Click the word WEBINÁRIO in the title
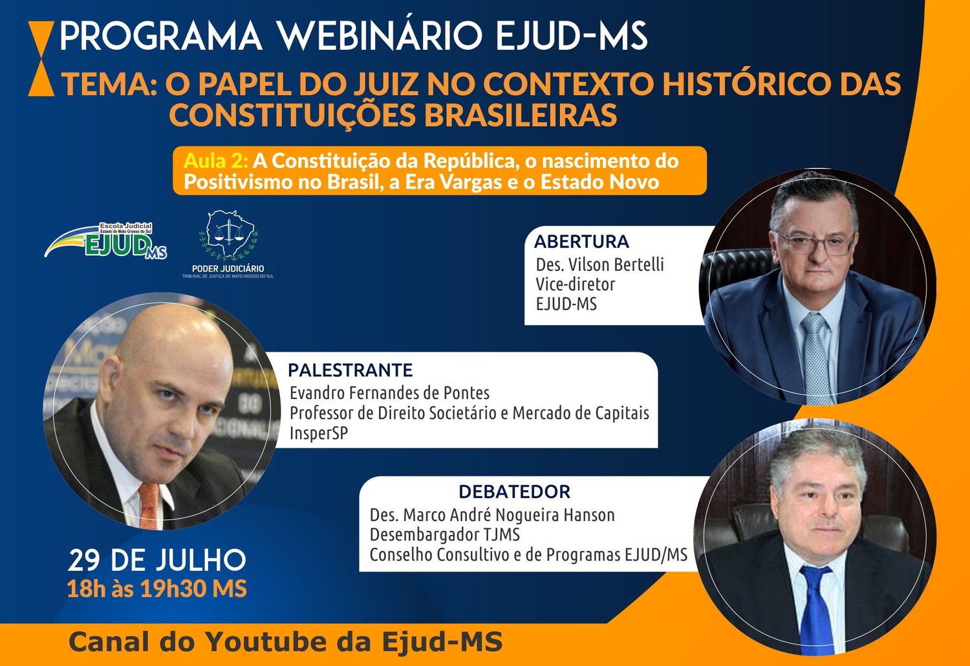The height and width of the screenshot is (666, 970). tap(380, 36)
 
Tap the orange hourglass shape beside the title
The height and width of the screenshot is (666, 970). tap(41, 58)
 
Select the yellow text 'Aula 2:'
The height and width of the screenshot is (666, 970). tap(216, 160)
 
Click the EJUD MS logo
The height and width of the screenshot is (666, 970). tap(105, 241)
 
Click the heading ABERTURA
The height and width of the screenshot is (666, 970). tap(581, 242)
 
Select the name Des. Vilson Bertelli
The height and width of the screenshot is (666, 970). tap(599, 264)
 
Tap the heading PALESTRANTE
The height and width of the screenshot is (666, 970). tap(350, 371)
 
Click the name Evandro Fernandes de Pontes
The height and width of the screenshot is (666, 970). tap(389, 393)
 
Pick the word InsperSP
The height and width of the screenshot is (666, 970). tap(319, 433)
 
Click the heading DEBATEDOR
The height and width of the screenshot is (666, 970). tap(515, 492)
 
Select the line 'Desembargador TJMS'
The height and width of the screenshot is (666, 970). tap(444, 535)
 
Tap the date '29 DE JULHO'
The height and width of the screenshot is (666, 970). tap(156, 560)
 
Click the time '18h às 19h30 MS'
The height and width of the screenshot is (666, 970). tap(156, 589)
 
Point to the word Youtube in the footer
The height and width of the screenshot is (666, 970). tap(288, 641)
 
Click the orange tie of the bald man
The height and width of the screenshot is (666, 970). tap(149, 506)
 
